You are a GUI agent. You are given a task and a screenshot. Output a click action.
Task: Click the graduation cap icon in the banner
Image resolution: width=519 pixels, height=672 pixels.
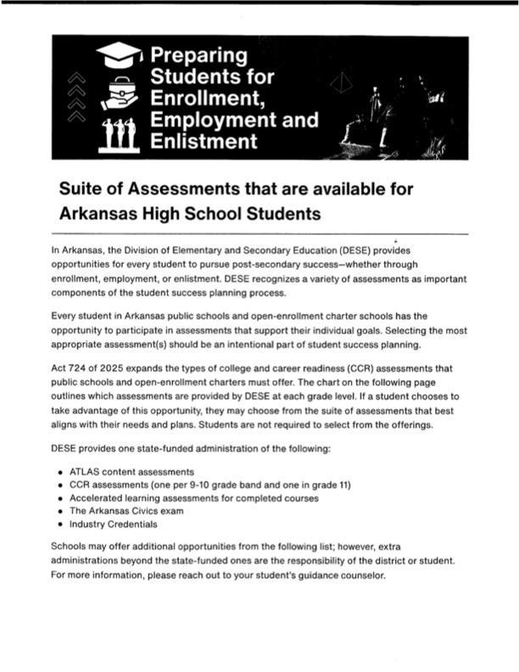pos(119,56)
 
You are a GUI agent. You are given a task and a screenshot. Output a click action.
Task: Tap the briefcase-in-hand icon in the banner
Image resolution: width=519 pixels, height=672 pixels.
pos(118,96)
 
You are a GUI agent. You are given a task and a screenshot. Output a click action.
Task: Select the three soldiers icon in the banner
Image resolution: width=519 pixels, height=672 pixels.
pos(119,136)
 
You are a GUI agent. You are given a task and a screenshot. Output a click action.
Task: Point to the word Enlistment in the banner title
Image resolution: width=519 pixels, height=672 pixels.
pos(204,140)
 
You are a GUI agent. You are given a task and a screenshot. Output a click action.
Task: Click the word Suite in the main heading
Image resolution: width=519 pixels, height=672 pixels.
pos(83,188)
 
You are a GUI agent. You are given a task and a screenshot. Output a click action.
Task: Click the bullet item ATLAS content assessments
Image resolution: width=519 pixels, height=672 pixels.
pos(131,471)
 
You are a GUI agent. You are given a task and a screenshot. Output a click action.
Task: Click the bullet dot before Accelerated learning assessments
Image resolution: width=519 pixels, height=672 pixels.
pos(59,499)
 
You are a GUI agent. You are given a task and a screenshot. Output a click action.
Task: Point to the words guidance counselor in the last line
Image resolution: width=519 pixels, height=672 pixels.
pos(344,575)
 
